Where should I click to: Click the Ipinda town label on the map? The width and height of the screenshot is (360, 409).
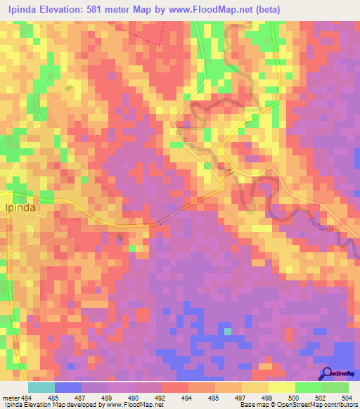click(20, 208)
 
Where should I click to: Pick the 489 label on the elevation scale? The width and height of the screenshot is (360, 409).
click(108, 397)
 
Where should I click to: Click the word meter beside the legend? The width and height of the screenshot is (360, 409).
click(10, 397)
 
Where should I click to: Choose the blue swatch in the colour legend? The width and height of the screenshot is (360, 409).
click(68, 387)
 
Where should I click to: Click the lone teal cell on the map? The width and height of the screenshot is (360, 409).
click(227, 331)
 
